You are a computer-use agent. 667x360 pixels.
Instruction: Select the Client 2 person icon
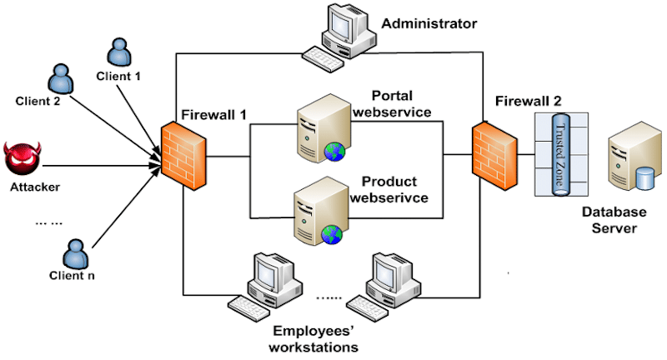click(x=60, y=80)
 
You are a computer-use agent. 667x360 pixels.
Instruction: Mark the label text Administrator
click(x=429, y=23)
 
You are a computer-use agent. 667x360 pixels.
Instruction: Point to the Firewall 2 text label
click(x=528, y=100)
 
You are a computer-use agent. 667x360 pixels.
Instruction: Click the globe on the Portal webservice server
click(x=334, y=151)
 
